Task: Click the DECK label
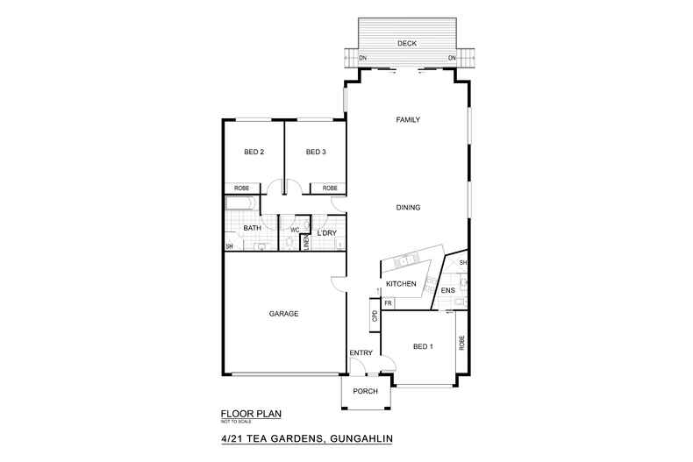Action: tap(406, 43)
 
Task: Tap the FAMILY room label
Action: tap(409, 120)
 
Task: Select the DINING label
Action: tap(409, 208)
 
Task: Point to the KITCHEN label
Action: tap(401, 284)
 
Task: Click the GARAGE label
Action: tap(283, 313)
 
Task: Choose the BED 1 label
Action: tap(423, 346)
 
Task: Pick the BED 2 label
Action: tap(254, 153)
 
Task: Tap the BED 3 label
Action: tap(316, 153)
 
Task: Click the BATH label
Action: tap(252, 229)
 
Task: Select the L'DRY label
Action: tap(327, 232)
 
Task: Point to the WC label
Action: tap(295, 230)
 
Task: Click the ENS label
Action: tap(447, 290)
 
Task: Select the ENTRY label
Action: tap(361, 353)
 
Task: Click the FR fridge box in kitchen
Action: tap(387, 302)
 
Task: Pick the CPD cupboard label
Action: tap(375, 316)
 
